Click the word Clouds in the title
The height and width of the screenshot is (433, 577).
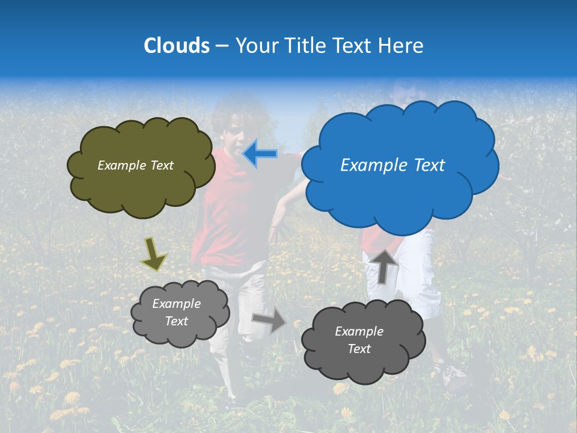pos(177,46)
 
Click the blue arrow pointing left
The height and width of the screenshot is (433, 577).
pos(260,154)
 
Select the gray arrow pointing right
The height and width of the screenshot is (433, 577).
pos(269,320)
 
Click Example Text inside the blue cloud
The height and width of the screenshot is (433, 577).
pos(392,165)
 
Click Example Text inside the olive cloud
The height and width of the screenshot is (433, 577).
pos(135,165)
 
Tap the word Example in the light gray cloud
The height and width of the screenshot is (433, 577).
pos(177,304)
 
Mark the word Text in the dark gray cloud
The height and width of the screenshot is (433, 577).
pos(359,349)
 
